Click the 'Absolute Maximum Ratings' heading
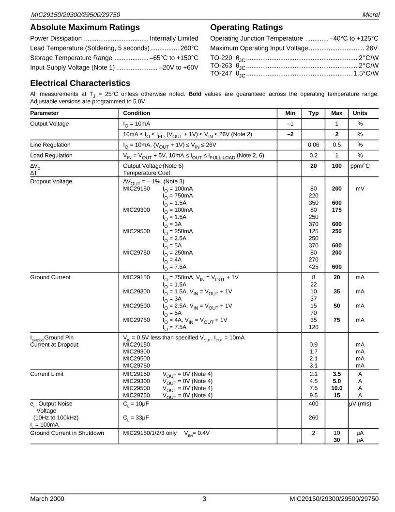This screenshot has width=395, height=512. pyautogui.click(x=85, y=27)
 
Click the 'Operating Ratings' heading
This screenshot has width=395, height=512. pyautogui.click(x=246, y=27)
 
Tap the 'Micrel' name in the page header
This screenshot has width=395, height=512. pyautogui.click(x=370, y=15)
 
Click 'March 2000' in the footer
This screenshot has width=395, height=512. pyautogui.click(x=47, y=498)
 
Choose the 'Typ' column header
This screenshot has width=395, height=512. pyautogui.click(x=313, y=113)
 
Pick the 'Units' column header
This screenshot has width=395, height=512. pyautogui.click(x=360, y=113)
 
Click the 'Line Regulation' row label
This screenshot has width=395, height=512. pyautogui.click(x=50, y=144)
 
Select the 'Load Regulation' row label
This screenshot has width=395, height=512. pyautogui.click(x=51, y=155)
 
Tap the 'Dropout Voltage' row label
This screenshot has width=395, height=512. pyautogui.click(x=51, y=181)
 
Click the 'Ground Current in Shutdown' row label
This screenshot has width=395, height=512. pyautogui.click(x=67, y=433)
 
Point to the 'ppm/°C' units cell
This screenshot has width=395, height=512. pyautogui.click(x=360, y=166)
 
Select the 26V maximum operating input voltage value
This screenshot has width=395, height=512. pyautogui.click(x=372, y=48)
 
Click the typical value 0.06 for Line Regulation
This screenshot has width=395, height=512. pyautogui.click(x=313, y=144)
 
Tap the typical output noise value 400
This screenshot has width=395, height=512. pyautogui.click(x=313, y=403)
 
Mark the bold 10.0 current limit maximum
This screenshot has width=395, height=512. pyautogui.click(x=337, y=388)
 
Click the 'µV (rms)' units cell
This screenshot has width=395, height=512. pyautogui.click(x=360, y=403)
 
